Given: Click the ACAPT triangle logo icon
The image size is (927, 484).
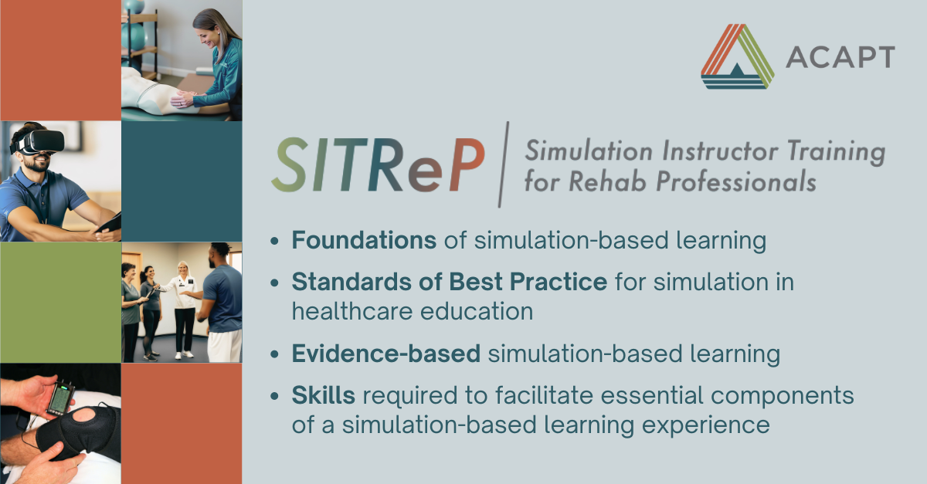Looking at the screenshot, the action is coord(737,56).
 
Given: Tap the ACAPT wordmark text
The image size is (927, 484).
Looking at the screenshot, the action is coord(840,57).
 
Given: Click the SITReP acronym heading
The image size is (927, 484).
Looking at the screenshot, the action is coord(378,165).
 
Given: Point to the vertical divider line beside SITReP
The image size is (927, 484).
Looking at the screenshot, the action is coord(503,164).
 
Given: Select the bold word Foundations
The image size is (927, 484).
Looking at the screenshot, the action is coord(364,240).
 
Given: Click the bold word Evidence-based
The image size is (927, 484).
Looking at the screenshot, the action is coord(385,354).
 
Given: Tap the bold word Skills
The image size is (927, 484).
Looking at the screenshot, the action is coord(323,394).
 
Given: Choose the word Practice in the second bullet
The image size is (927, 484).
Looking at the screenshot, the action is coord(559,282).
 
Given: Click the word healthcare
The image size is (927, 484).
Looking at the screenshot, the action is coord(351,311).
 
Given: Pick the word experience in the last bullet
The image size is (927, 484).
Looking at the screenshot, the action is coord(705,425).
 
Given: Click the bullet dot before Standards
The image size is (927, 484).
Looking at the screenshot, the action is coord(274,283).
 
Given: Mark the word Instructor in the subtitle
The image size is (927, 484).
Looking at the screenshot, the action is coord(721,151).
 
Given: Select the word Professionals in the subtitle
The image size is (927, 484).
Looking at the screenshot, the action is coord(736,181).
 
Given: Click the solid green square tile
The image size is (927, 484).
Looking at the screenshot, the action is coord(60,303).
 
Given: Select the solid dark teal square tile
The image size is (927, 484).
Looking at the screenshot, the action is coord(182,181).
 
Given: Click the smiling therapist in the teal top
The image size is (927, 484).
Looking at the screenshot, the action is coord(213,62).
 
